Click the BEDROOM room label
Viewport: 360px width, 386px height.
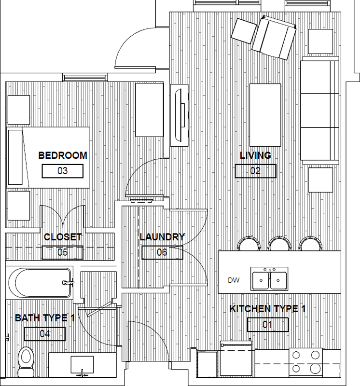tap(63, 155)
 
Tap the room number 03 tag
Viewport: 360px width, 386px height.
tap(63, 171)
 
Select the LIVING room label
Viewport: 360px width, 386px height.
tap(256, 155)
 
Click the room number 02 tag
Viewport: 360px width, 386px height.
tap(255, 171)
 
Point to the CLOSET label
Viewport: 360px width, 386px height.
tap(63, 237)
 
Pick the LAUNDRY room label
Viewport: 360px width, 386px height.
tap(162, 237)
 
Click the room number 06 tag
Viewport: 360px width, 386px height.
tap(162, 252)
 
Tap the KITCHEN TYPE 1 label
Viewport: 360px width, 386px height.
tap(267, 309)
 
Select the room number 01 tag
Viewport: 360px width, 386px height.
tap(268, 324)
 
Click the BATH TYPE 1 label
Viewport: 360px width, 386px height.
tap(44, 318)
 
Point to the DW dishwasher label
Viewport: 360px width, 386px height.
tap(234, 280)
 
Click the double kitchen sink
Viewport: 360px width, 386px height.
tap(269, 279)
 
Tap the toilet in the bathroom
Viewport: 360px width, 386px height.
tap(26, 361)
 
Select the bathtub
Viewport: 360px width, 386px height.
tap(41, 283)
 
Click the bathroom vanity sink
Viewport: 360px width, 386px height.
tap(82, 365)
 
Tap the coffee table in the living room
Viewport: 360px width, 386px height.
tap(265, 115)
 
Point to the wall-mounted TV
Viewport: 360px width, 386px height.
tap(180, 115)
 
